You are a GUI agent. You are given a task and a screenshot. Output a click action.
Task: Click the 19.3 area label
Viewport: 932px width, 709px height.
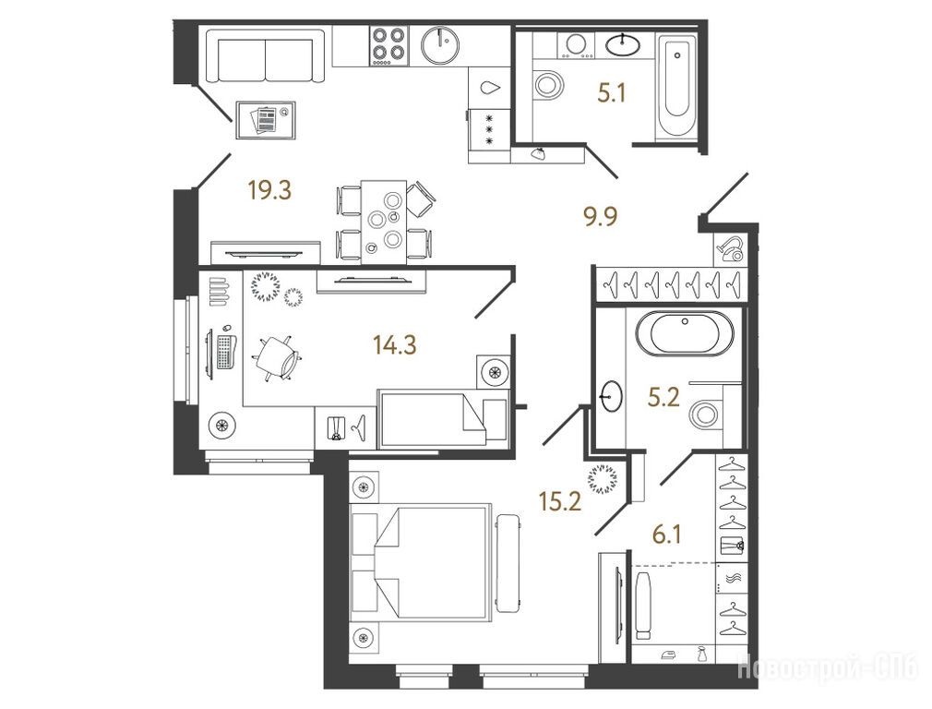269,191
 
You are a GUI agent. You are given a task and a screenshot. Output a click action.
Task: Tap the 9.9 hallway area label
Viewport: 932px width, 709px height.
600,217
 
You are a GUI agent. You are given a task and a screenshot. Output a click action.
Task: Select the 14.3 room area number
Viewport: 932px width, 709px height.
395,344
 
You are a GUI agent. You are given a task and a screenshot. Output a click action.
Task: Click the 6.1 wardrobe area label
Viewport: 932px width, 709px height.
666,535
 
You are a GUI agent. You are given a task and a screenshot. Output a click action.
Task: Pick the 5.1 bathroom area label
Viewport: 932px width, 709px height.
612,93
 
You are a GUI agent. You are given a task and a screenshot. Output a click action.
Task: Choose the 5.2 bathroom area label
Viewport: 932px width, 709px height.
663,397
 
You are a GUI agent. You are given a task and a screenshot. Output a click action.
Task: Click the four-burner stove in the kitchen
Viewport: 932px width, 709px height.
388,46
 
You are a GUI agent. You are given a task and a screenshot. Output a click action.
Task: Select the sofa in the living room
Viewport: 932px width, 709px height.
265,56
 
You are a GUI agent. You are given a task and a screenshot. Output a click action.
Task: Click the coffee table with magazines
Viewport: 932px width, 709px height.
266,120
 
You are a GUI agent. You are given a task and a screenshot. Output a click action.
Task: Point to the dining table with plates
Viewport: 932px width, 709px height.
384,222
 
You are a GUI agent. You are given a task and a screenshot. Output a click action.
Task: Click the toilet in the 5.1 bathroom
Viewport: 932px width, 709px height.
548,84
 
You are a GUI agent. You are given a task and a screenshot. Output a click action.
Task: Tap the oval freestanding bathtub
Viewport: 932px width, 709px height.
685,333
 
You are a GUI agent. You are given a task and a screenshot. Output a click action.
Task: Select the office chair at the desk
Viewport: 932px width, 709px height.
278,358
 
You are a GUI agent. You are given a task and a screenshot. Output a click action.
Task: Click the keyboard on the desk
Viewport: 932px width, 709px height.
224,352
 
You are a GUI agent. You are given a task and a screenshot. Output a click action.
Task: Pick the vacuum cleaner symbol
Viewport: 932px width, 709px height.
729,248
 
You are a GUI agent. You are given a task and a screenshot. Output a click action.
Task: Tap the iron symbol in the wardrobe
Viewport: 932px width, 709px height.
667,655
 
